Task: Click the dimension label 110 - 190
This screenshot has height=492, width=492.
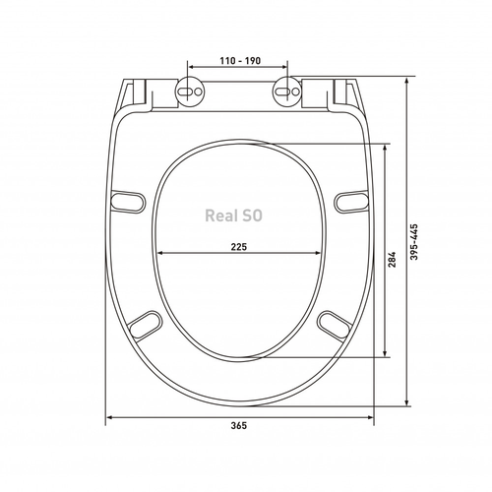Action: [x=240, y=61]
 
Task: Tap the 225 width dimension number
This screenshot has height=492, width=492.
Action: [x=239, y=247]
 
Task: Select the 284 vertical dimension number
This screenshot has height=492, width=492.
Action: [x=393, y=260]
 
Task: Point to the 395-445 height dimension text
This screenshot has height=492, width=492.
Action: [x=414, y=242]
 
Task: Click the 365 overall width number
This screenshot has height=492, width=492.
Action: [x=239, y=426]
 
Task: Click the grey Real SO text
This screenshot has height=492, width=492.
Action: [x=233, y=215]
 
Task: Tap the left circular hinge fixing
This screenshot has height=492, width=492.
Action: [x=190, y=92]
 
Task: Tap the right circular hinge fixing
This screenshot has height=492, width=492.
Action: [x=287, y=92]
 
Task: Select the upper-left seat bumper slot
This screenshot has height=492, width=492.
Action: [x=128, y=202]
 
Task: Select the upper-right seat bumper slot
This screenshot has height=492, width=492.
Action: [x=351, y=202]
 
